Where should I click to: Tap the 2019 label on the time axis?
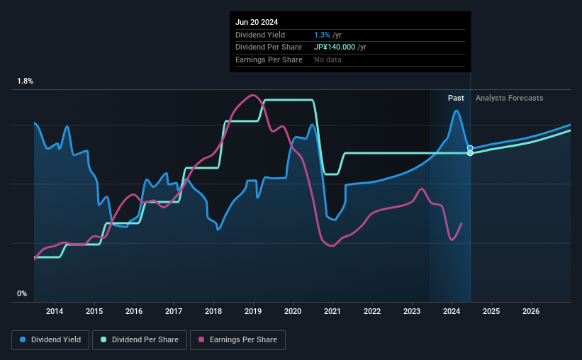coord(253,311)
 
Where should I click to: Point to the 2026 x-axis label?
coord(531,311)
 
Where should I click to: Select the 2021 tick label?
coord(332,311)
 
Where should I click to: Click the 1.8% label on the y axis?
coord(26,81)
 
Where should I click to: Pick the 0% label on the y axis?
coord(22,294)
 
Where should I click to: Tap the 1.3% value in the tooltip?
coord(322,35)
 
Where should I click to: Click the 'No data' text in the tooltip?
coord(328,60)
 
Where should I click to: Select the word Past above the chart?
coord(456,98)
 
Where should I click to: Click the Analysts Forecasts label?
coord(510,98)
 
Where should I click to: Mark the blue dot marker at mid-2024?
coord(470,148)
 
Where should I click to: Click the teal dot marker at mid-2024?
coord(470,153)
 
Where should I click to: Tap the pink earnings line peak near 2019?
coord(252,95)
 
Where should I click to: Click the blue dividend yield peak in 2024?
coord(457,111)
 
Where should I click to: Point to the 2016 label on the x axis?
coord(134,311)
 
